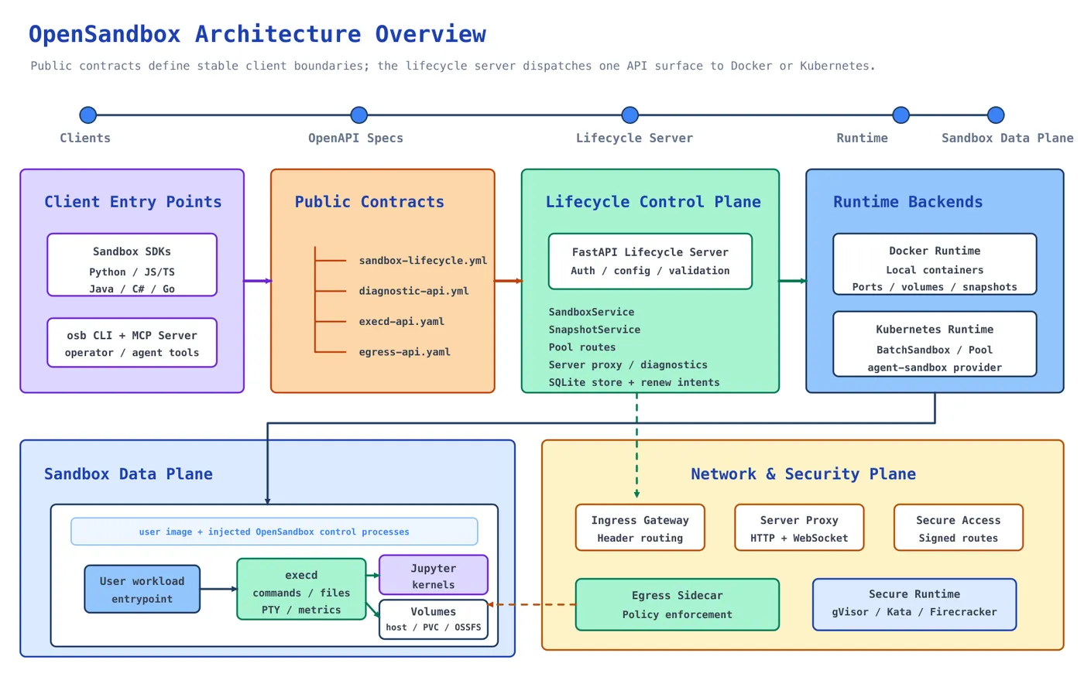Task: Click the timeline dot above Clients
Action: (x=88, y=115)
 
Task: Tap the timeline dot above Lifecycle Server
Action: (x=629, y=115)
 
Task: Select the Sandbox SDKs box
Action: (x=132, y=265)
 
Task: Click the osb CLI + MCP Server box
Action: (x=132, y=343)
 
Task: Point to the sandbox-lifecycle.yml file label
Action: (x=423, y=261)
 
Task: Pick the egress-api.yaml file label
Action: (x=404, y=352)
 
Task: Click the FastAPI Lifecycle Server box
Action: (x=650, y=262)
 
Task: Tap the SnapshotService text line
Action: (x=595, y=330)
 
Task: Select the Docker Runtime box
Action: (x=935, y=264)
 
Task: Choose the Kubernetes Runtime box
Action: (x=935, y=344)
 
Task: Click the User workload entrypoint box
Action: (x=142, y=589)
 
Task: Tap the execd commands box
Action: (x=301, y=589)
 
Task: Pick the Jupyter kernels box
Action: (x=433, y=575)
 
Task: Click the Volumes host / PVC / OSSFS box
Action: (x=433, y=620)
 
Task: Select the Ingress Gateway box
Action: (x=640, y=528)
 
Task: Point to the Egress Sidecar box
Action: (x=677, y=604)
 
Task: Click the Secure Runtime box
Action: (x=914, y=604)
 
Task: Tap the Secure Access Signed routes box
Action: (x=959, y=528)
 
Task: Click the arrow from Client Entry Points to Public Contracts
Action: (x=257, y=281)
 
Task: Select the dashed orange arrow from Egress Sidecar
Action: (x=532, y=604)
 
